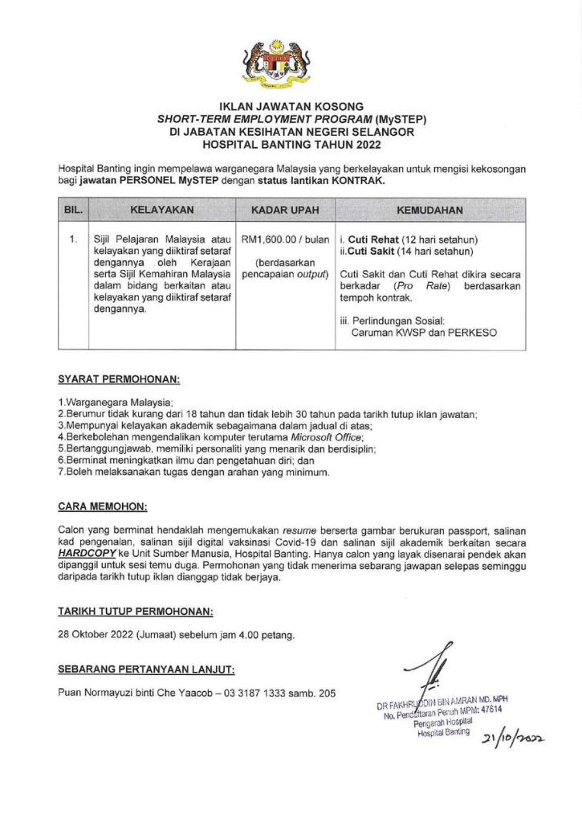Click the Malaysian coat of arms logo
(x=291, y=63)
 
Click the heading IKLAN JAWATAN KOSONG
(x=291, y=106)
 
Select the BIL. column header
(x=73, y=210)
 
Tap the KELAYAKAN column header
(x=161, y=210)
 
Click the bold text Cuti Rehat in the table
(x=372, y=240)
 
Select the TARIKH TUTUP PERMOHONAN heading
(x=136, y=612)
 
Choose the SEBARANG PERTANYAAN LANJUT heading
(x=147, y=669)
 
